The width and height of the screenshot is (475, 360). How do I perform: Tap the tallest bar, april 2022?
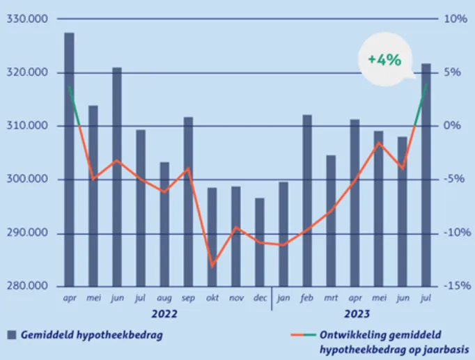[x=69, y=159]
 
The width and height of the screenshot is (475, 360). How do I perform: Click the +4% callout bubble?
[x=384, y=60]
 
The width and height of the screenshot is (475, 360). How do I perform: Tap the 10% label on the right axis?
[x=455, y=19]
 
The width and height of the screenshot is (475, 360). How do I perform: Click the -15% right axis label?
[x=455, y=286]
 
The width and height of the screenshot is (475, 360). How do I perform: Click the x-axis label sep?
[x=188, y=297]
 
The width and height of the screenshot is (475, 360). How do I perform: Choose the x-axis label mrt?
[x=331, y=297]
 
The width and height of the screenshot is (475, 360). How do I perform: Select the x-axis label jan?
[x=283, y=297]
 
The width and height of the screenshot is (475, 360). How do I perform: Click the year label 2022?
[x=164, y=314]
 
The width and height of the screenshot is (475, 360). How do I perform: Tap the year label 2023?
[x=355, y=314]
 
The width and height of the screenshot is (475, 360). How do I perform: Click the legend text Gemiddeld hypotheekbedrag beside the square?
[x=92, y=336]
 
